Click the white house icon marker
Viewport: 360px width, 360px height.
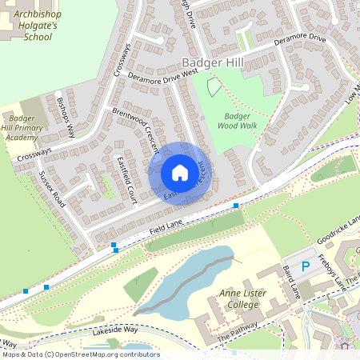pos(180,173)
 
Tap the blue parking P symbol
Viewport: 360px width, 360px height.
pos(304,265)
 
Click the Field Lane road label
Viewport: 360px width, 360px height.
pos(166,231)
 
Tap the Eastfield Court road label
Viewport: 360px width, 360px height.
pos(127,179)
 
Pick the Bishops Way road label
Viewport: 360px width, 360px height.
pos(66,117)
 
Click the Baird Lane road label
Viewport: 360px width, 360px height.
pos(290,283)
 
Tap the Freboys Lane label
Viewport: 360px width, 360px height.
pos(330,272)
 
